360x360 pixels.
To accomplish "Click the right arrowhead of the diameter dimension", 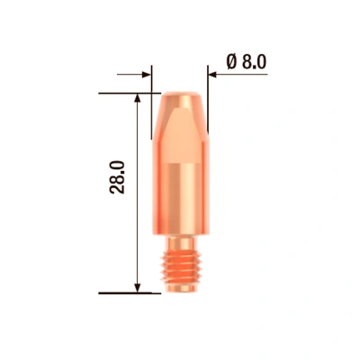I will (x=214, y=75).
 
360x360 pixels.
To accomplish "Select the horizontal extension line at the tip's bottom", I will (x=126, y=292).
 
